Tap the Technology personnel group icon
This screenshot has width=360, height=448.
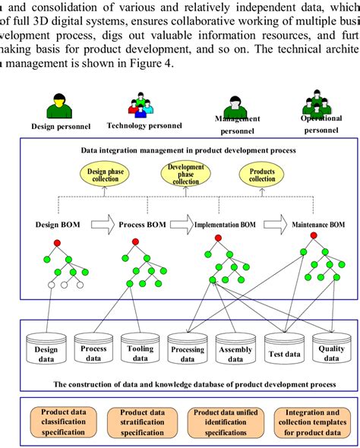tap(141, 106)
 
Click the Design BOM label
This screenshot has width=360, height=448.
tap(60, 225)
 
